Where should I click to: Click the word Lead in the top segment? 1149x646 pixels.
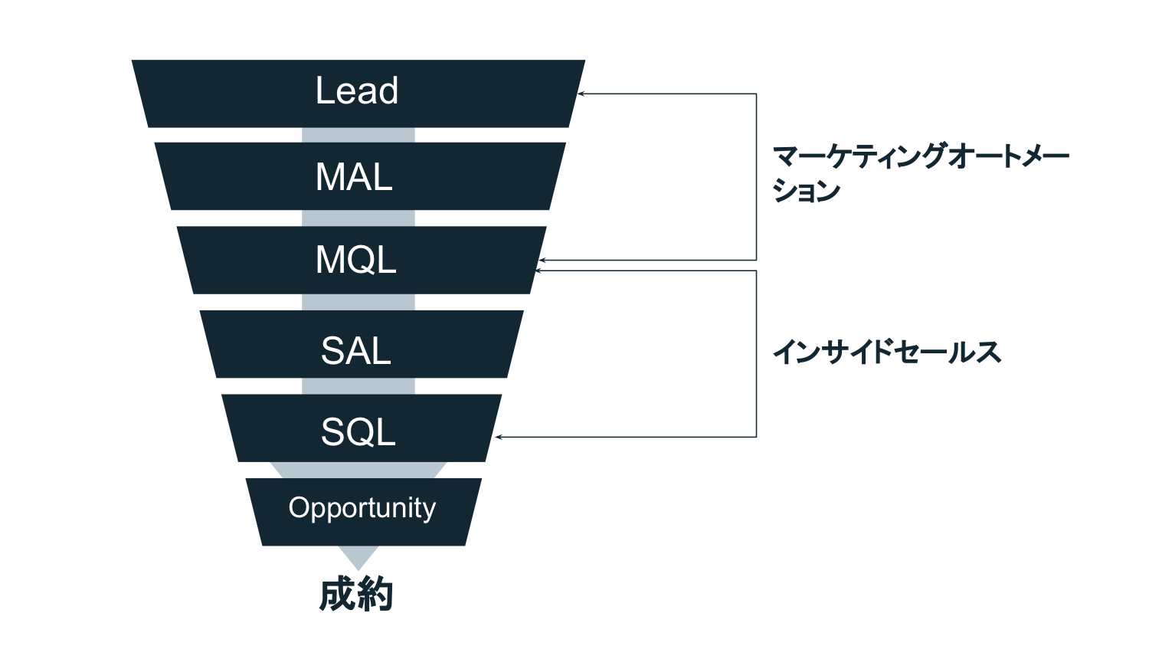[357, 91]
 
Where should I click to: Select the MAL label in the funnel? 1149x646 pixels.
[354, 177]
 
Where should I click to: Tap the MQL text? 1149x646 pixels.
[356, 260]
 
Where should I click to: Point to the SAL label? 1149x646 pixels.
[356, 351]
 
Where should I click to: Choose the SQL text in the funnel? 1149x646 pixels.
[358, 432]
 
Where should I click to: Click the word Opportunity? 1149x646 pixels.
[362, 509]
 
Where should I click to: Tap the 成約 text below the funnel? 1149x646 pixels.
[356, 595]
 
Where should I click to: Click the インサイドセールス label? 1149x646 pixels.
[887, 353]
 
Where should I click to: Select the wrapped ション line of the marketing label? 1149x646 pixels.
[807, 192]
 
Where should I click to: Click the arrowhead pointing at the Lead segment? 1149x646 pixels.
[581, 93]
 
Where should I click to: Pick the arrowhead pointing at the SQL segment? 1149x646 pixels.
[499, 437]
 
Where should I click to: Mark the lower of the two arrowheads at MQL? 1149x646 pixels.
[539, 271]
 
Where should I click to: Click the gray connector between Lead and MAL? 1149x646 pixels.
[358, 135]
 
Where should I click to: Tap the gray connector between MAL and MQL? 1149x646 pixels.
[358, 218]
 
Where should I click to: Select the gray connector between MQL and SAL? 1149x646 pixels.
[358, 302]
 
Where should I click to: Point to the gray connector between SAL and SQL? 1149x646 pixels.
[358, 386]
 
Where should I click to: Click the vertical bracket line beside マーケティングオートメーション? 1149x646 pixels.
[757, 177]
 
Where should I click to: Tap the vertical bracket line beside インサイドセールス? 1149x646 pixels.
[757, 353]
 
